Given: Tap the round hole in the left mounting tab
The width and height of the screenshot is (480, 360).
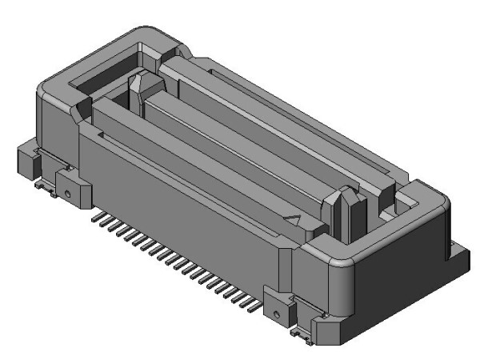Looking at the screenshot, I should (70, 193).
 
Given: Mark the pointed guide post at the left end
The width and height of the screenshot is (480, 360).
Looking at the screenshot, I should (136, 87).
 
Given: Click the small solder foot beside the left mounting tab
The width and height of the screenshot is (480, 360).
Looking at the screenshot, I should (46, 189).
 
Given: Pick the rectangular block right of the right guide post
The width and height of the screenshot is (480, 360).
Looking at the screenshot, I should (382, 192).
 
